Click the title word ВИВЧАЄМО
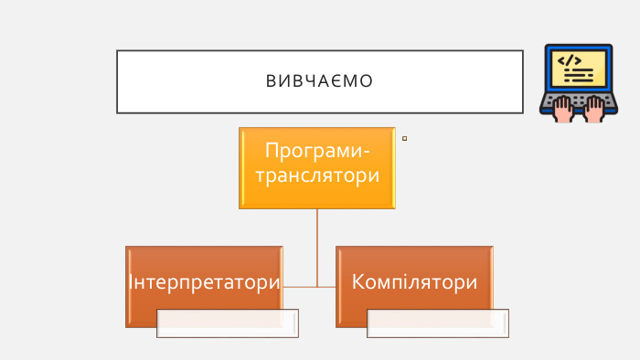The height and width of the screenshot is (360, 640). pos(319,82)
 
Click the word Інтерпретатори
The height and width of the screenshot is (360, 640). pos(204,281)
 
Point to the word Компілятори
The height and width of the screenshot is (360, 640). pos(414,281)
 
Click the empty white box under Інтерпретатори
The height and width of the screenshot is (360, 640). pos(228,323)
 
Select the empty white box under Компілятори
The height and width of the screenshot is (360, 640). pos(438,323)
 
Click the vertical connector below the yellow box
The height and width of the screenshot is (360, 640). pos(317,247)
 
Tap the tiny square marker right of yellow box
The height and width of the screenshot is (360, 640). pos(404,139)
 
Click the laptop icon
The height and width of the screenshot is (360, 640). pos(579,82)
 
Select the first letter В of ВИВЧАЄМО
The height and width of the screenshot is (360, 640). pos(271,82)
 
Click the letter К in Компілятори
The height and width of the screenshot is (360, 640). pos(359,281)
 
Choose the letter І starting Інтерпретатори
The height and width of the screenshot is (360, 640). pos(131,281)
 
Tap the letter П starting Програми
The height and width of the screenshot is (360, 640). pos(272,150)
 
